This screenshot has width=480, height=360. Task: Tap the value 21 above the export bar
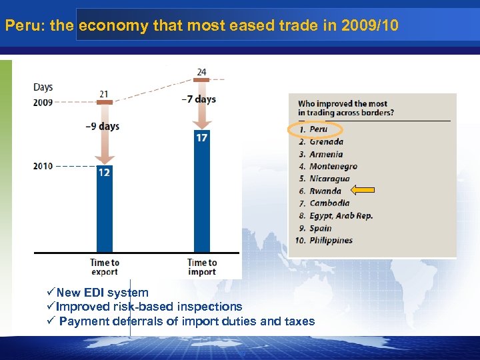click(104, 94)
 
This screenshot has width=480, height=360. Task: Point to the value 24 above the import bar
click(201, 72)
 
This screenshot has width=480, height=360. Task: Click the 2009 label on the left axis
click(43, 102)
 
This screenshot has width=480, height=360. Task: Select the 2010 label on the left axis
click(43, 166)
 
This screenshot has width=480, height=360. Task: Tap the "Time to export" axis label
click(105, 267)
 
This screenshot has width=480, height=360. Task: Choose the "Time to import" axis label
click(202, 267)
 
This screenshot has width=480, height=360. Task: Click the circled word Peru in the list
click(319, 129)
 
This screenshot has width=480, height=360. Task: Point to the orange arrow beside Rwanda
click(363, 191)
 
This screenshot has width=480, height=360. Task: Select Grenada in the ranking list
click(326, 141)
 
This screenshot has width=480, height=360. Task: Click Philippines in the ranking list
click(331, 240)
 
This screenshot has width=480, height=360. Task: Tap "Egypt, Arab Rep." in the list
click(341, 215)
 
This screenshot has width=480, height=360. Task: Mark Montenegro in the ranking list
click(333, 166)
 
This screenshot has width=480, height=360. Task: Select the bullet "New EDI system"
click(102, 293)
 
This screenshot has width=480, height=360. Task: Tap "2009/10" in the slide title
click(369, 26)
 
